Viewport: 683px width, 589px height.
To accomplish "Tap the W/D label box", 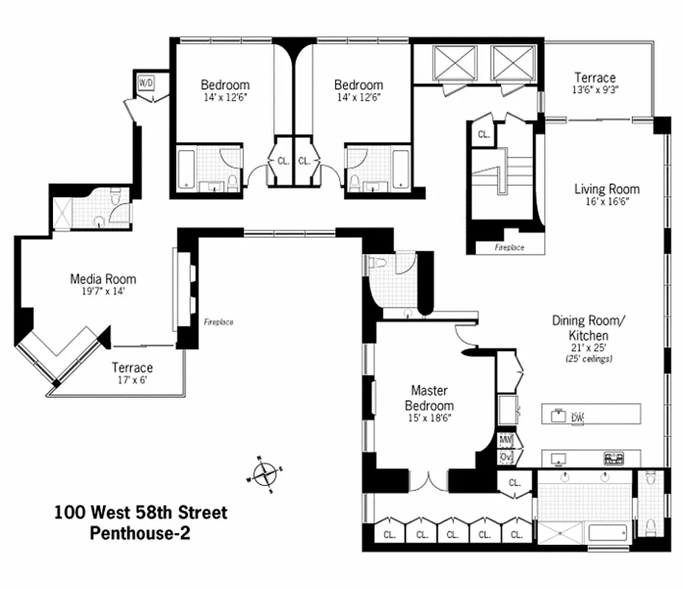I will (146, 82).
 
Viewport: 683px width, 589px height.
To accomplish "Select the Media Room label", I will (103, 279).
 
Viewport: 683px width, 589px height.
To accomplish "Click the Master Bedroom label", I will (432, 398).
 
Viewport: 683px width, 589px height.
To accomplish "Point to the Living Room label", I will (607, 189).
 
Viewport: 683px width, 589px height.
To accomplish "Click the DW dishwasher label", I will (577, 417).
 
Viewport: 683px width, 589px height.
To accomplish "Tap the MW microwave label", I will (506, 441).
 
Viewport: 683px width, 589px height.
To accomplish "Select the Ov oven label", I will (506, 457).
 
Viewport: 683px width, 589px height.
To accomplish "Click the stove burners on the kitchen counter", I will (613, 458).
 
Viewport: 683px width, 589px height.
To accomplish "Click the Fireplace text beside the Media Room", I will (218, 322).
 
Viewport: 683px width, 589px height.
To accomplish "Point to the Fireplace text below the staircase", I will (509, 248).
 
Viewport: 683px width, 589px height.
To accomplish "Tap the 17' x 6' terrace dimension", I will (133, 381).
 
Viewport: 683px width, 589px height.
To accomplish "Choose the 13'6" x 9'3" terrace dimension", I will (595, 91).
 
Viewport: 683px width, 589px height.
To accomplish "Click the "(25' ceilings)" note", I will (589, 359).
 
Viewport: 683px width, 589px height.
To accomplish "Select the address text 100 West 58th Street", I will (141, 512).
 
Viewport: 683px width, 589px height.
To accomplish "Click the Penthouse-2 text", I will (140, 533).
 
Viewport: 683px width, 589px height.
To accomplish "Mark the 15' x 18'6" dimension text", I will (432, 417).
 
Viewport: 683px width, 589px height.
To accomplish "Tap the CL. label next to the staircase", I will (483, 135).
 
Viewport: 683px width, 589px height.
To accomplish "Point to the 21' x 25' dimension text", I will (589, 348).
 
